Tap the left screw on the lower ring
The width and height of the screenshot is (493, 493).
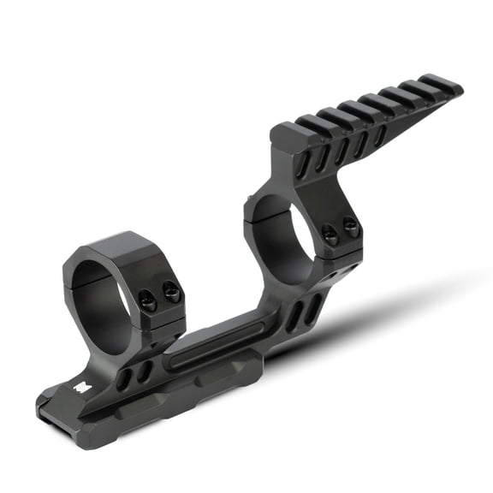pyautogui.click(x=147, y=300)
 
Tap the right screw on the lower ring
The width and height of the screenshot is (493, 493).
pyautogui.click(x=172, y=293)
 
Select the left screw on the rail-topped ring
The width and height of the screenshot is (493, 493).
pyautogui.click(x=330, y=233)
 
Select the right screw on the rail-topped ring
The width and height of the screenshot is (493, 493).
pyautogui.click(x=350, y=226)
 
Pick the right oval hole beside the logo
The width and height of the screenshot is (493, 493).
pyautogui.click(x=145, y=371)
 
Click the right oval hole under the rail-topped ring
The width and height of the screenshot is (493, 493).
pyautogui.click(x=313, y=307)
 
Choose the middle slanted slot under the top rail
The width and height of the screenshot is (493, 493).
pyautogui.click(x=342, y=150)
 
